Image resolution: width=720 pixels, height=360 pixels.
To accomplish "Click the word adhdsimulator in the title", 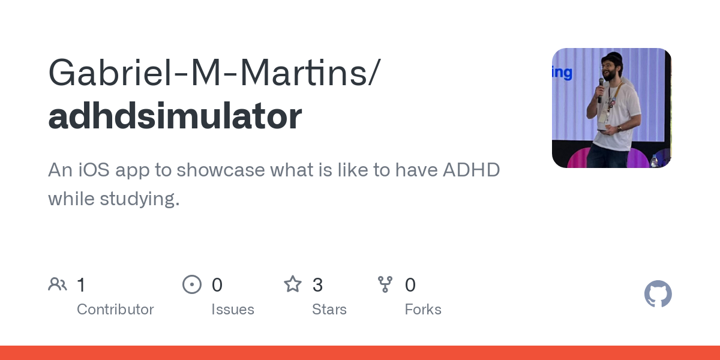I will (175, 116).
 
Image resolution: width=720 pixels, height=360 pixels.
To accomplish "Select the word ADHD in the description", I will (471, 170).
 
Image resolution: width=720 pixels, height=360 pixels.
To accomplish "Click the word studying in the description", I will (140, 199).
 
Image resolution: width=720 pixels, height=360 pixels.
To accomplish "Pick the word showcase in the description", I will (221, 170).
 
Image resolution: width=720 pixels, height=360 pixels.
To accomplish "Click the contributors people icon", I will (58, 284).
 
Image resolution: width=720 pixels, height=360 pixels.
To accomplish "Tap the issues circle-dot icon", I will (192, 284).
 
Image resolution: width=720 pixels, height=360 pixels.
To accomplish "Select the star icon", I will (293, 284).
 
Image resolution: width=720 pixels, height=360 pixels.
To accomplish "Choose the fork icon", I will (385, 284).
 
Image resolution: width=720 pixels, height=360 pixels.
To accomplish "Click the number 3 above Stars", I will (317, 284).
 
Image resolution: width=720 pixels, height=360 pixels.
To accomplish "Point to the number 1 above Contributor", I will (81, 284).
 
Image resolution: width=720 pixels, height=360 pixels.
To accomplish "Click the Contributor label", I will (115, 310).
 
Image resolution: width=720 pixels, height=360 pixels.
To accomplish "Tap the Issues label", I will (233, 310).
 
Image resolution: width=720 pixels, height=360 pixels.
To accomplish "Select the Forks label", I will (423, 310).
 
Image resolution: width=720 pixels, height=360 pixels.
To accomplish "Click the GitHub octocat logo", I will (658, 294).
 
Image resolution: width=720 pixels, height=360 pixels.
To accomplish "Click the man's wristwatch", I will (619, 128).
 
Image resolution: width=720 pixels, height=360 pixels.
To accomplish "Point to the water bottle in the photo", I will (653, 161).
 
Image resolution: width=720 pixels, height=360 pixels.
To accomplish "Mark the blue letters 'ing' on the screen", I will (562, 73).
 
